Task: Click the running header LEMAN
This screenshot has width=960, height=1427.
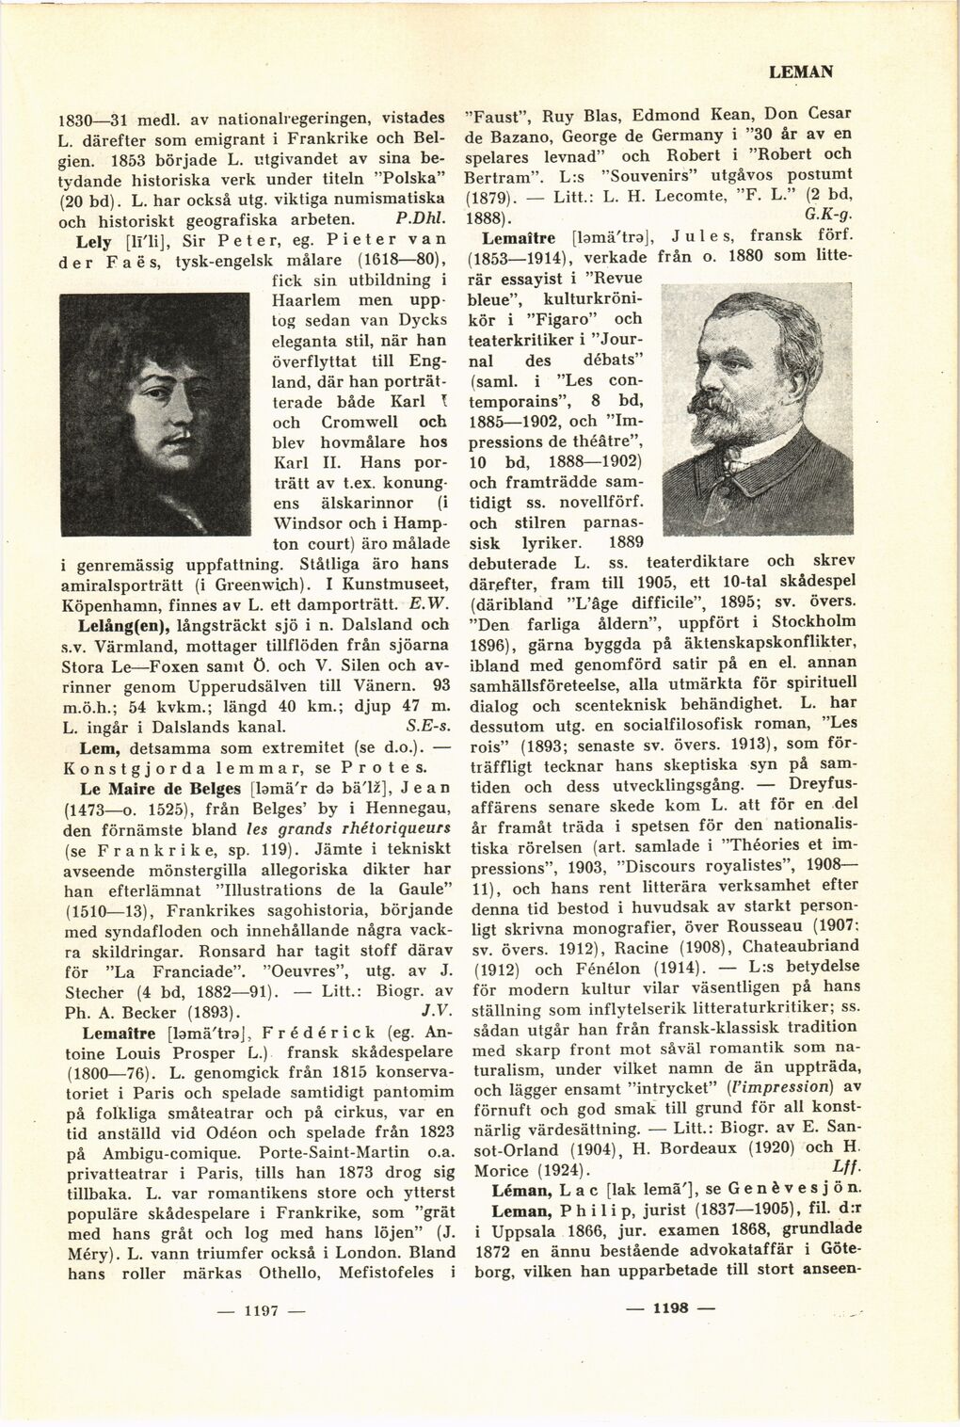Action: point(802,72)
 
